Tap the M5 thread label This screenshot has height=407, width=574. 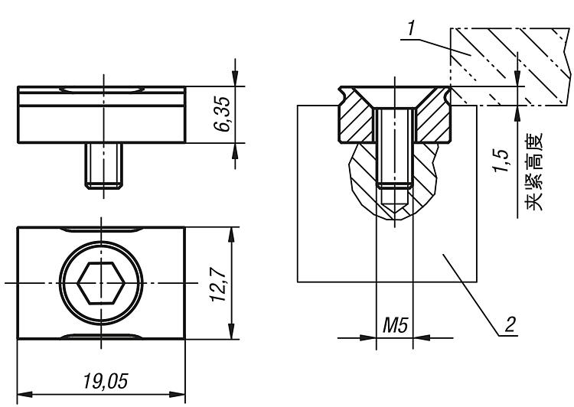pos(394,327)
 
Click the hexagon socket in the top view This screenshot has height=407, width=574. pos(100,283)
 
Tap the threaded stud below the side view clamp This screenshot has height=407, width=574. pos(100,165)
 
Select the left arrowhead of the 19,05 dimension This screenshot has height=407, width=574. pos(22,394)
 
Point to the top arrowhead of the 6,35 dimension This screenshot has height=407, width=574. pos(235,80)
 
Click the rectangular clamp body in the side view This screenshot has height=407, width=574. pos(100,115)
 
